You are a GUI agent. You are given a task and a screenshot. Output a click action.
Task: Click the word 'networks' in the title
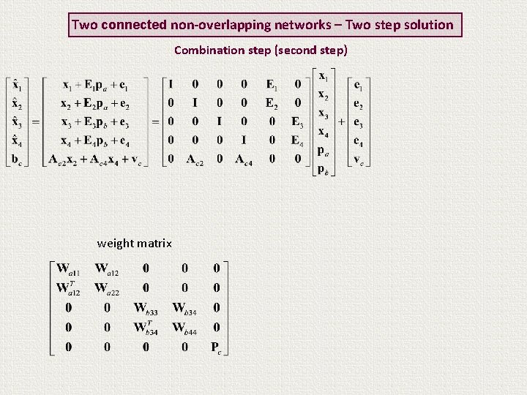(x=302, y=25)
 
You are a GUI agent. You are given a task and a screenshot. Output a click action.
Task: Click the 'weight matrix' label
(x=135, y=244)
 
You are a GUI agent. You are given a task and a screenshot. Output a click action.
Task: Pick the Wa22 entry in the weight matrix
(x=107, y=288)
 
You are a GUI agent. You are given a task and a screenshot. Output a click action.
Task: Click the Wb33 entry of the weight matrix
(x=146, y=309)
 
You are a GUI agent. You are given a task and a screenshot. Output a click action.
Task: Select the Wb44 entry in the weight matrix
(x=184, y=328)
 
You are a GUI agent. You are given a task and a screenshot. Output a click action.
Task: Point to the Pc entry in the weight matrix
(x=216, y=347)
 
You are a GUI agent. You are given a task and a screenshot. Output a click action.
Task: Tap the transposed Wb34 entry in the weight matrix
(x=146, y=327)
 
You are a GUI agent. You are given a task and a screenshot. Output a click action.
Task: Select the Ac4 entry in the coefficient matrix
(x=244, y=159)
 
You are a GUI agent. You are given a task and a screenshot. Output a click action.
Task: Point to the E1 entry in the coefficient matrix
(x=272, y=84)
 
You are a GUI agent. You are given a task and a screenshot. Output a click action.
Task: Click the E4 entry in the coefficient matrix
(x=296, y=140)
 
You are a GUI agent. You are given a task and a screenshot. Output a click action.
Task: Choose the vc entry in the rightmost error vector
(x=359, y=159)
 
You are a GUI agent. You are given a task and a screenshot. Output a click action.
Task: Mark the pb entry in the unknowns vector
(x=323, y=168)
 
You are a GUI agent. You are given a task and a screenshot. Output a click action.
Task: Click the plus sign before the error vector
(x=342, y=121)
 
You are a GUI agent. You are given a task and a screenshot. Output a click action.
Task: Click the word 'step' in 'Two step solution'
(x=389, y=25)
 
